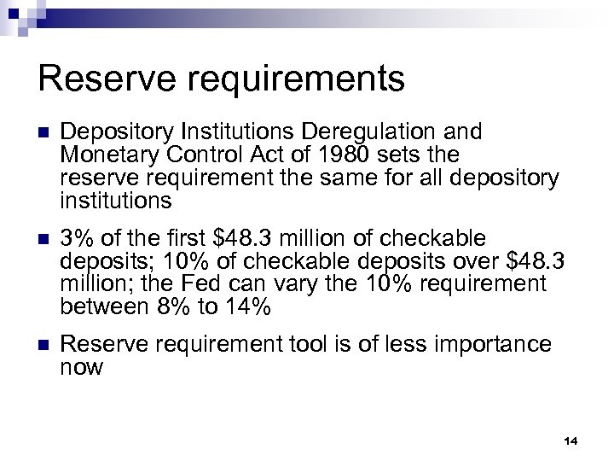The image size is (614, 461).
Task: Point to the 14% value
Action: click(250, 306)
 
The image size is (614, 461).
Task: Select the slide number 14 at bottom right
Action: click(571, 441)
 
